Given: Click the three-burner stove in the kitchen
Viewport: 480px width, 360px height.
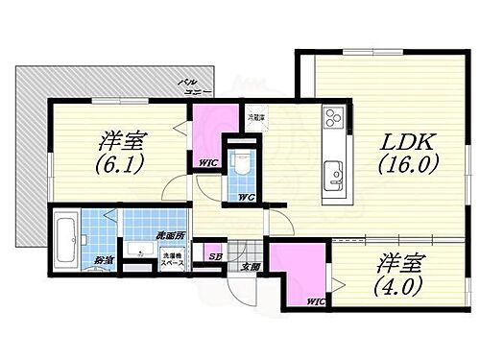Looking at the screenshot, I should click(x=332, y=121).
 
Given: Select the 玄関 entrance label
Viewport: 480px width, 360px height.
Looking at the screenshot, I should click(x=251, y=266).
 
